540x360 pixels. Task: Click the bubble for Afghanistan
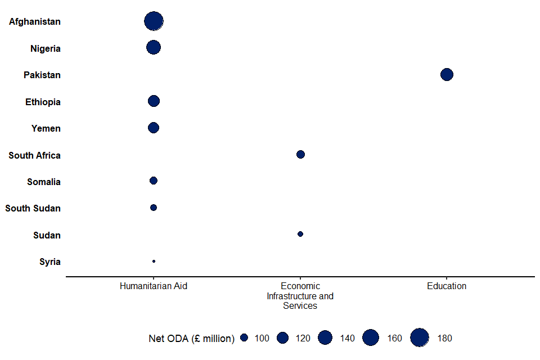(154, 21)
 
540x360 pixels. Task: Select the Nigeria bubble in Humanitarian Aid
(154, 48)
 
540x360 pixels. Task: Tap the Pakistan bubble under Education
(447, 74)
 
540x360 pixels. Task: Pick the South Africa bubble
(300, 155)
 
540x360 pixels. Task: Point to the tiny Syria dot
(154, 262)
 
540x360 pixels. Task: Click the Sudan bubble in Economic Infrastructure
(300, 234)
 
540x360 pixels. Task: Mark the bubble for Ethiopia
(154, 101)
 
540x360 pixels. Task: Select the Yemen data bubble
(154, 128)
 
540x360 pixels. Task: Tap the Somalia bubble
(154, 181)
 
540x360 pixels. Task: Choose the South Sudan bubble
(154, 208)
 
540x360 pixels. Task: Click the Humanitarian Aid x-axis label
(154, 286)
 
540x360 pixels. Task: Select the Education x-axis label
(447, 286)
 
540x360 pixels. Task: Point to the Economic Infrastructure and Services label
(300, 296)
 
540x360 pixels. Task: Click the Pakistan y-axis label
(42, 75)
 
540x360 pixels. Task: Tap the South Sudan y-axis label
(33, 209)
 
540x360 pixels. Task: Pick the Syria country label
(50, 262)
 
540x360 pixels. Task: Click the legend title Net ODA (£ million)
(191, 338)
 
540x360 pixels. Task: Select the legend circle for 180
(420, 337)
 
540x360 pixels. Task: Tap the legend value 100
(262, 338)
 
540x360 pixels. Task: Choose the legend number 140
(348, 338)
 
